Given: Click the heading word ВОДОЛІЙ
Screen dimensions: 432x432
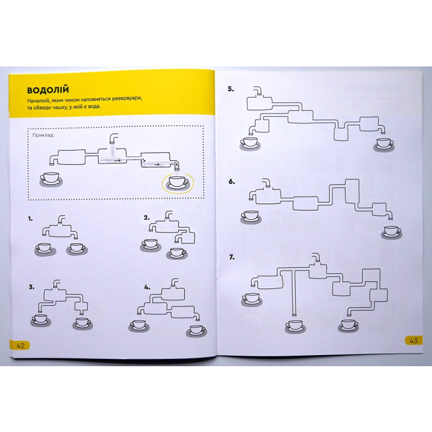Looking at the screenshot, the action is pyautogui.click(x=48, y=90).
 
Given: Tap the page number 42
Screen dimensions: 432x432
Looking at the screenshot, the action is pyautogui.click(x=21, y=346).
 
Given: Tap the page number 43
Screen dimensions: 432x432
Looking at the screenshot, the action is pyautogui.click(x=413, y=340).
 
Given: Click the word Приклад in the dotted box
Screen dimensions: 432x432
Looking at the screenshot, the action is pyautogui.click(x=43, y=135).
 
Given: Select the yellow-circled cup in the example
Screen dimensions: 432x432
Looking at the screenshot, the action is pyautogui.click(x=178, y=182).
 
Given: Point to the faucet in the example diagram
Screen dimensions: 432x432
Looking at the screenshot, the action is pyautogui.click(x=113, y=139).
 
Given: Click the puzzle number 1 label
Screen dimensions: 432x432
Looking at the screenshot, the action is pyautogui.click(x=30, y=219).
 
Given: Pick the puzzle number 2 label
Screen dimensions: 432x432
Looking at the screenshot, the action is pyautogui.click(x=147, y=217).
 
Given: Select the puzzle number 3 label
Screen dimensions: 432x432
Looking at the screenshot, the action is pyautogui.click(x=32, y=287).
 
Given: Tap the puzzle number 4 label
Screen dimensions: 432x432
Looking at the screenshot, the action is pyautogui.click(x=148, y=287).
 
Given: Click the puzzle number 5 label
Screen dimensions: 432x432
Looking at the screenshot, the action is pyautogui.click(x=231, y=89).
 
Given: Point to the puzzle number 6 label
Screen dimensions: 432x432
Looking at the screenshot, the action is pyautogui.click(x=231, y=181).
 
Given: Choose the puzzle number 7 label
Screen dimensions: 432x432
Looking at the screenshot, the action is pyautogui.click(x=232, y=257).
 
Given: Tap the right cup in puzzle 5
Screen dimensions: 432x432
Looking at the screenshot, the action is pyautogui.click(x=384, y=144).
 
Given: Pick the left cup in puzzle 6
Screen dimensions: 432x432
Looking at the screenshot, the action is pyautogui.click(x=251, y=217).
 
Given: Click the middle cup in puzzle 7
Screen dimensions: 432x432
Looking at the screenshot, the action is pyautogui.click(x=295, y=326).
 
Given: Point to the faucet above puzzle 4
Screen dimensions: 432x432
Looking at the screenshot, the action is pyautogui.click(x=174, y=282).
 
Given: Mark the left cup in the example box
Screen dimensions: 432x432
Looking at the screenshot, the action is pyautogui.click(x=51, y=179).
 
